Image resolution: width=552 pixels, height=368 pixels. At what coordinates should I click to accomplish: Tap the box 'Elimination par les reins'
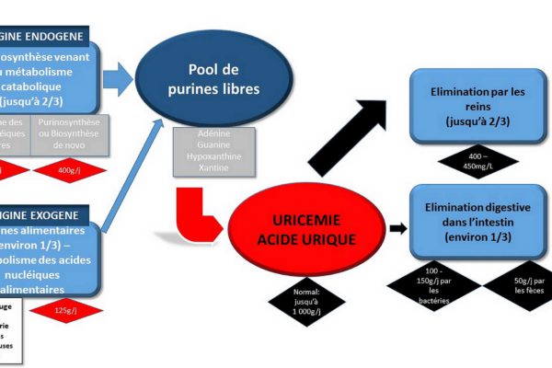477,107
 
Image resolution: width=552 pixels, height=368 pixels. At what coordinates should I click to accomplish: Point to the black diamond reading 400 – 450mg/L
477,163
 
